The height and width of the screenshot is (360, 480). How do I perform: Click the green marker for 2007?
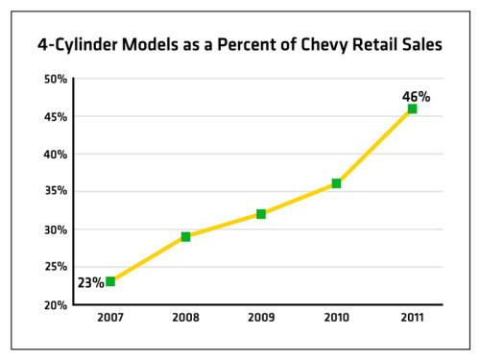[110, 281]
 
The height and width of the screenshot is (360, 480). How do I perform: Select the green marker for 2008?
[185, 236]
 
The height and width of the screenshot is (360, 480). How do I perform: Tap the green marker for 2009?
[261, 214]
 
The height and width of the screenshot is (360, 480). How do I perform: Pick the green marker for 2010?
[336, 183]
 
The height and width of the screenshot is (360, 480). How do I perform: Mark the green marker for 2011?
[412, 108]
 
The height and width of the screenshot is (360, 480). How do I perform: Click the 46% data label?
[416, 96]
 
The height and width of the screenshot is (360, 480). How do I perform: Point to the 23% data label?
[90, 283]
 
